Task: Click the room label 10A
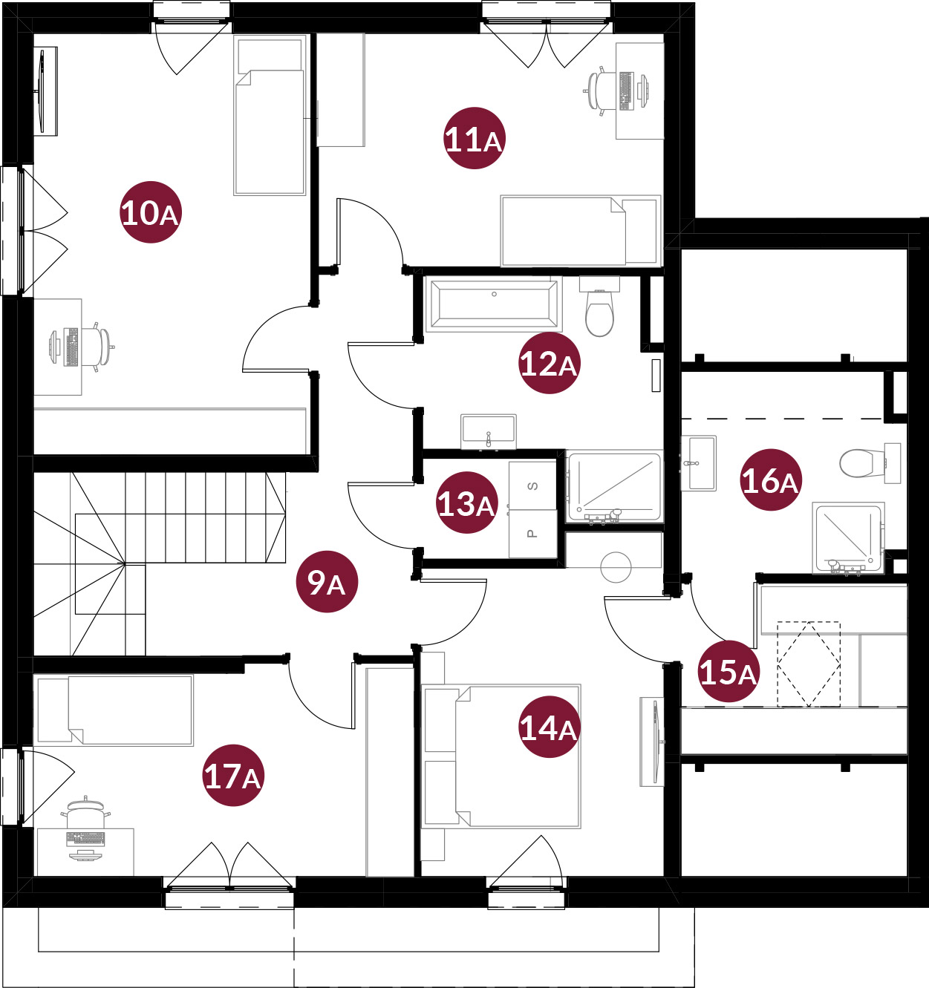(x=150, y=212)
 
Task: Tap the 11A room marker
(x=474, y=138)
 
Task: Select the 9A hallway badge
(x=327, y=581)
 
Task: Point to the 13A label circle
(x=467, y=503)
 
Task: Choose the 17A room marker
(x=233, y=776)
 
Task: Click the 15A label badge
(x=728, y=671)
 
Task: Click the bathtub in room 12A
(x=494, y=305)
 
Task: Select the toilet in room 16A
(x=870, y=463)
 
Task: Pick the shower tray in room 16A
(x=848, y=538)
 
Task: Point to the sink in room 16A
(x=699, y=463)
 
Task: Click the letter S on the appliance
(x=532, y=486)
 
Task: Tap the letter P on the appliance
(x=532, y=534)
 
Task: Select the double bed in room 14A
(x=501, y=756)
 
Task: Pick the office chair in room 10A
(x=99, y=347)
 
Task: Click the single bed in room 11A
(x=581, y=231)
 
